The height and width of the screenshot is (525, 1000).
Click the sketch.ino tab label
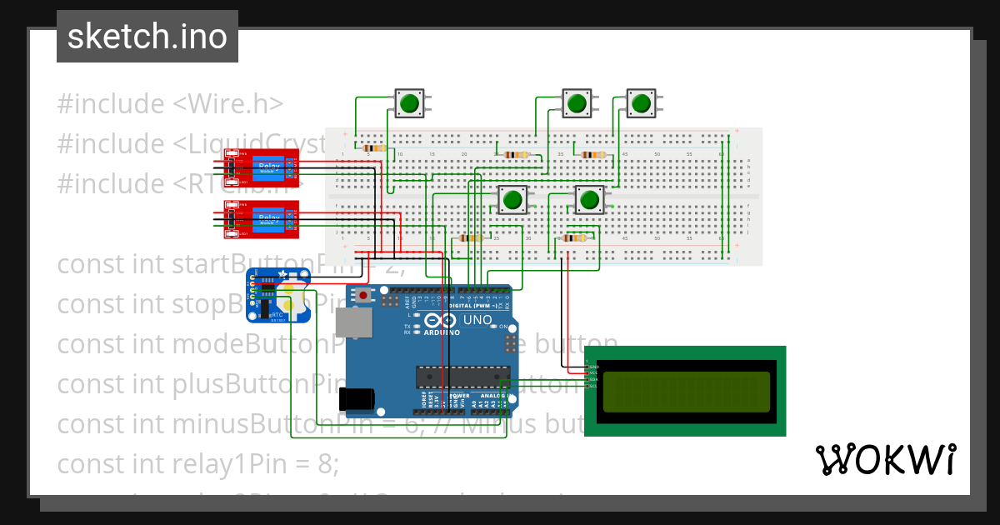[147, 37]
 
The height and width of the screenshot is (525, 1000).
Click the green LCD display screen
[685, 391]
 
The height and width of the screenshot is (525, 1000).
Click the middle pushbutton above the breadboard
[576, 103]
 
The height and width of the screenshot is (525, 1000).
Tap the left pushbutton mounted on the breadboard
[512, 200]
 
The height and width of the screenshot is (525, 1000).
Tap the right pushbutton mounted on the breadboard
[589, 200]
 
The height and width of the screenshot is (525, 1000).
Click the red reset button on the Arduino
[362, 295]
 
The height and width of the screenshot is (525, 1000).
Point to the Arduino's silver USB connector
[353, 325]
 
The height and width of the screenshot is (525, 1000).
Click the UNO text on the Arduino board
[477, 320]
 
